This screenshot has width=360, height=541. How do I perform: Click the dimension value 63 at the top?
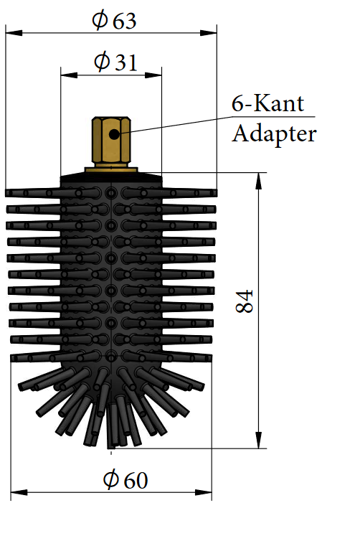[x=125, y=22]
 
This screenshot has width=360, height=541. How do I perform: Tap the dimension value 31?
[x=126, y=63]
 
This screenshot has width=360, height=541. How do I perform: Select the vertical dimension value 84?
[x=244, y=301]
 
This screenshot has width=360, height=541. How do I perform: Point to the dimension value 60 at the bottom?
[x=136, y=480]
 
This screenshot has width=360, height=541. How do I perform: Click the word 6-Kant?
[x=267, y=103]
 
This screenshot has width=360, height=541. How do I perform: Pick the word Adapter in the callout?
[x=274, y=134]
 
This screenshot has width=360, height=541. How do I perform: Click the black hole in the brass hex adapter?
[x=114, y=134]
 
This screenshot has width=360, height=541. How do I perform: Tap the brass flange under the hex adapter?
[x=111, y=170]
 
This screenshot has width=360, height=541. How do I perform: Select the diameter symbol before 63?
[x=100, y=21]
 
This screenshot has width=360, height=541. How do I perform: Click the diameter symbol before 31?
[x=102, y=62]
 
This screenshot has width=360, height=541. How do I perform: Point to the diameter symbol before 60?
[x=111, y=479]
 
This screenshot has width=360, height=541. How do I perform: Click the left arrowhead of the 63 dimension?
[x=14, y=33]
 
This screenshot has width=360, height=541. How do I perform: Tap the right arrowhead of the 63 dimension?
[x=209, y=33]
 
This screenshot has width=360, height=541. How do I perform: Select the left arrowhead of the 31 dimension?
[x=69, y=75]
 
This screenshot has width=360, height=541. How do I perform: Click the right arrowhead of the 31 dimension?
[x=153, y=75]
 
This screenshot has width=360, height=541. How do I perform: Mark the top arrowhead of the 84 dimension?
[x=259, y=181]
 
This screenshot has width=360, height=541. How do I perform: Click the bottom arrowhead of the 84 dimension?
[x=259, y=441]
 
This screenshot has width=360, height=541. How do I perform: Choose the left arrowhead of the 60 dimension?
[x=19, y=492]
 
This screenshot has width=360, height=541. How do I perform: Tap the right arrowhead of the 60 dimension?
[x=204, y=492]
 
